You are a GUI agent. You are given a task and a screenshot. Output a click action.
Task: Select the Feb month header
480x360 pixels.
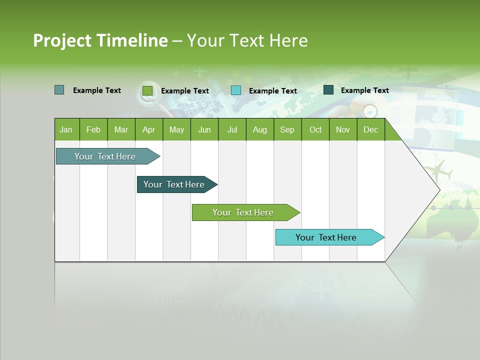[93, 129]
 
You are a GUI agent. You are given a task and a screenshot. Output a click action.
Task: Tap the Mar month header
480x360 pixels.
[121, 129]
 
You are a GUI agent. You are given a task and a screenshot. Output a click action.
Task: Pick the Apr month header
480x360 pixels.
[149, 129]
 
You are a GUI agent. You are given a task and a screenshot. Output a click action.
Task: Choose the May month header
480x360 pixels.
[176, 129]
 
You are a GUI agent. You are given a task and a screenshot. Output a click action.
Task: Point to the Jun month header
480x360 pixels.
[204, 129]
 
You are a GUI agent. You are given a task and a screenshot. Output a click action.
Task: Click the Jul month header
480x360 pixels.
[232, 129]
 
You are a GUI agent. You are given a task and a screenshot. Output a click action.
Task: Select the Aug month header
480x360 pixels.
[260, 129]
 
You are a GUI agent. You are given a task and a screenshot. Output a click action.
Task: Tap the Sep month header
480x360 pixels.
[287, 129]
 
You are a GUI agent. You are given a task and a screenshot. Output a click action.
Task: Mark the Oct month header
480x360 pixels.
[315, 129]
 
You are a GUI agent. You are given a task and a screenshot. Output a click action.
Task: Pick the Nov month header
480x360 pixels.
[343, 129]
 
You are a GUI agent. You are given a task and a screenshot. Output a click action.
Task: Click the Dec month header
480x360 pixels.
[371, 129]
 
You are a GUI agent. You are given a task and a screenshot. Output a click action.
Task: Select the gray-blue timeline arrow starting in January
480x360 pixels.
[105, 156]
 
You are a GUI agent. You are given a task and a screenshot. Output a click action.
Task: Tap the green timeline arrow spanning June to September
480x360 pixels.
[243, 212]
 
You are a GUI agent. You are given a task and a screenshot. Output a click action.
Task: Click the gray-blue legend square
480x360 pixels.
[59, 90]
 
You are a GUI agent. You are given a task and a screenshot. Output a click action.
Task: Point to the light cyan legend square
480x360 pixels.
[236, 90]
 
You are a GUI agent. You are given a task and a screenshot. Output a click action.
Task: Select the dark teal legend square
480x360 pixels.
[328, 90]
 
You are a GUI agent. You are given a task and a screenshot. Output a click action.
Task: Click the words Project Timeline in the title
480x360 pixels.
[100, 40]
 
